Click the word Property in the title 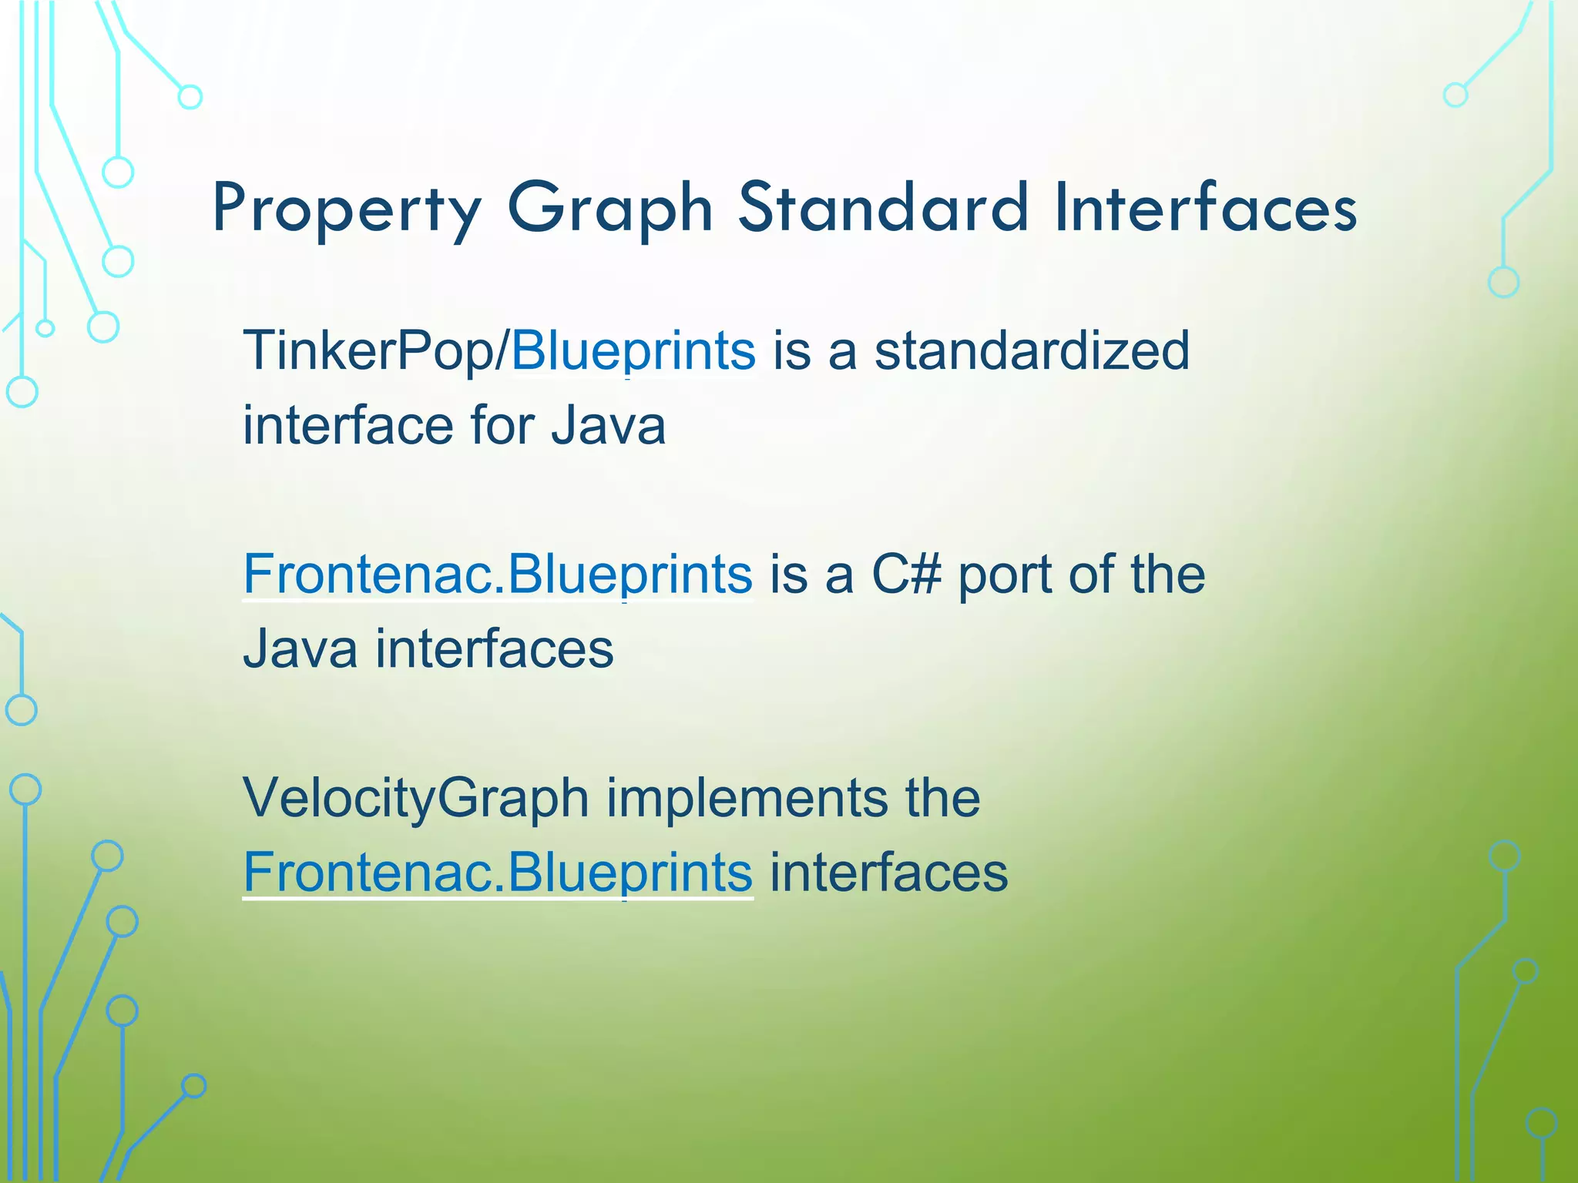click(x=347, y=209)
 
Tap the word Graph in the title click(x=610, y=209)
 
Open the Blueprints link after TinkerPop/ click(x=633, y=351)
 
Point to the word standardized click(x=1032, y=351)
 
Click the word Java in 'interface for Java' click(x=608, y=426)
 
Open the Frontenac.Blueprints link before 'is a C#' click(x=497, y=575)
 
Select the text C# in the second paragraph click(x=906, y=575)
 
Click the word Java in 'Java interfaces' click(x=300, y=649)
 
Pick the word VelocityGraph click(x=416, y=799)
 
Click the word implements click(x=747, y=799)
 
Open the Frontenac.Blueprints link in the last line click(x=497, y=873)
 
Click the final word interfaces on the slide click(x=888, y=873)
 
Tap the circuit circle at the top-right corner click(x=1455, y=96)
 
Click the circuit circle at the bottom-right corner click(x=1542, y=1123)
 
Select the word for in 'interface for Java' click(x=501, y=426)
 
